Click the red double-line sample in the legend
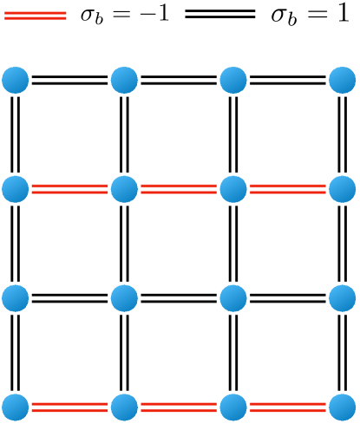(x=35, y=15)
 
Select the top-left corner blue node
(x=16, y=81)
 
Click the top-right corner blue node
(x=344, y=81)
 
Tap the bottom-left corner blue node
(x=16, y=406)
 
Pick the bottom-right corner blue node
(x=344, y=406)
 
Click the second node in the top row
(x=125, y=81)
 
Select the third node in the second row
(x=234, y=188)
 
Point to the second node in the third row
(x=125, y=297)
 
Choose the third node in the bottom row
(x=234, y=406)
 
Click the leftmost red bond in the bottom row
(x=70, y=406)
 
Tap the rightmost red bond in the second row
(x=289, y=188)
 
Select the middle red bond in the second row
(x=180, y=188)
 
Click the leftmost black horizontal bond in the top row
(x=70, y=81)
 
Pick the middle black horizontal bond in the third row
(x=180, y=297)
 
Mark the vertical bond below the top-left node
(x=16, y=134)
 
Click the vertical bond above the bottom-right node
(x=344, y=351)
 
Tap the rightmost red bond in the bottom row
(x=289, y=406)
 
